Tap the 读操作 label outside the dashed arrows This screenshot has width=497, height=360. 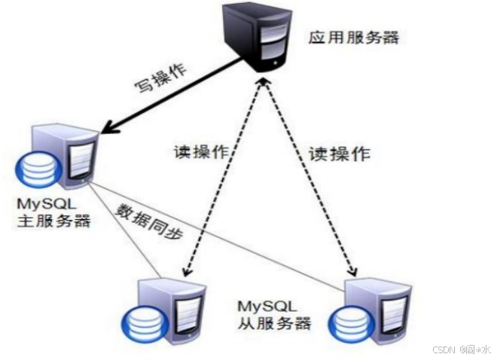339,154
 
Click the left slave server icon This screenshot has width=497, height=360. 170,313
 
